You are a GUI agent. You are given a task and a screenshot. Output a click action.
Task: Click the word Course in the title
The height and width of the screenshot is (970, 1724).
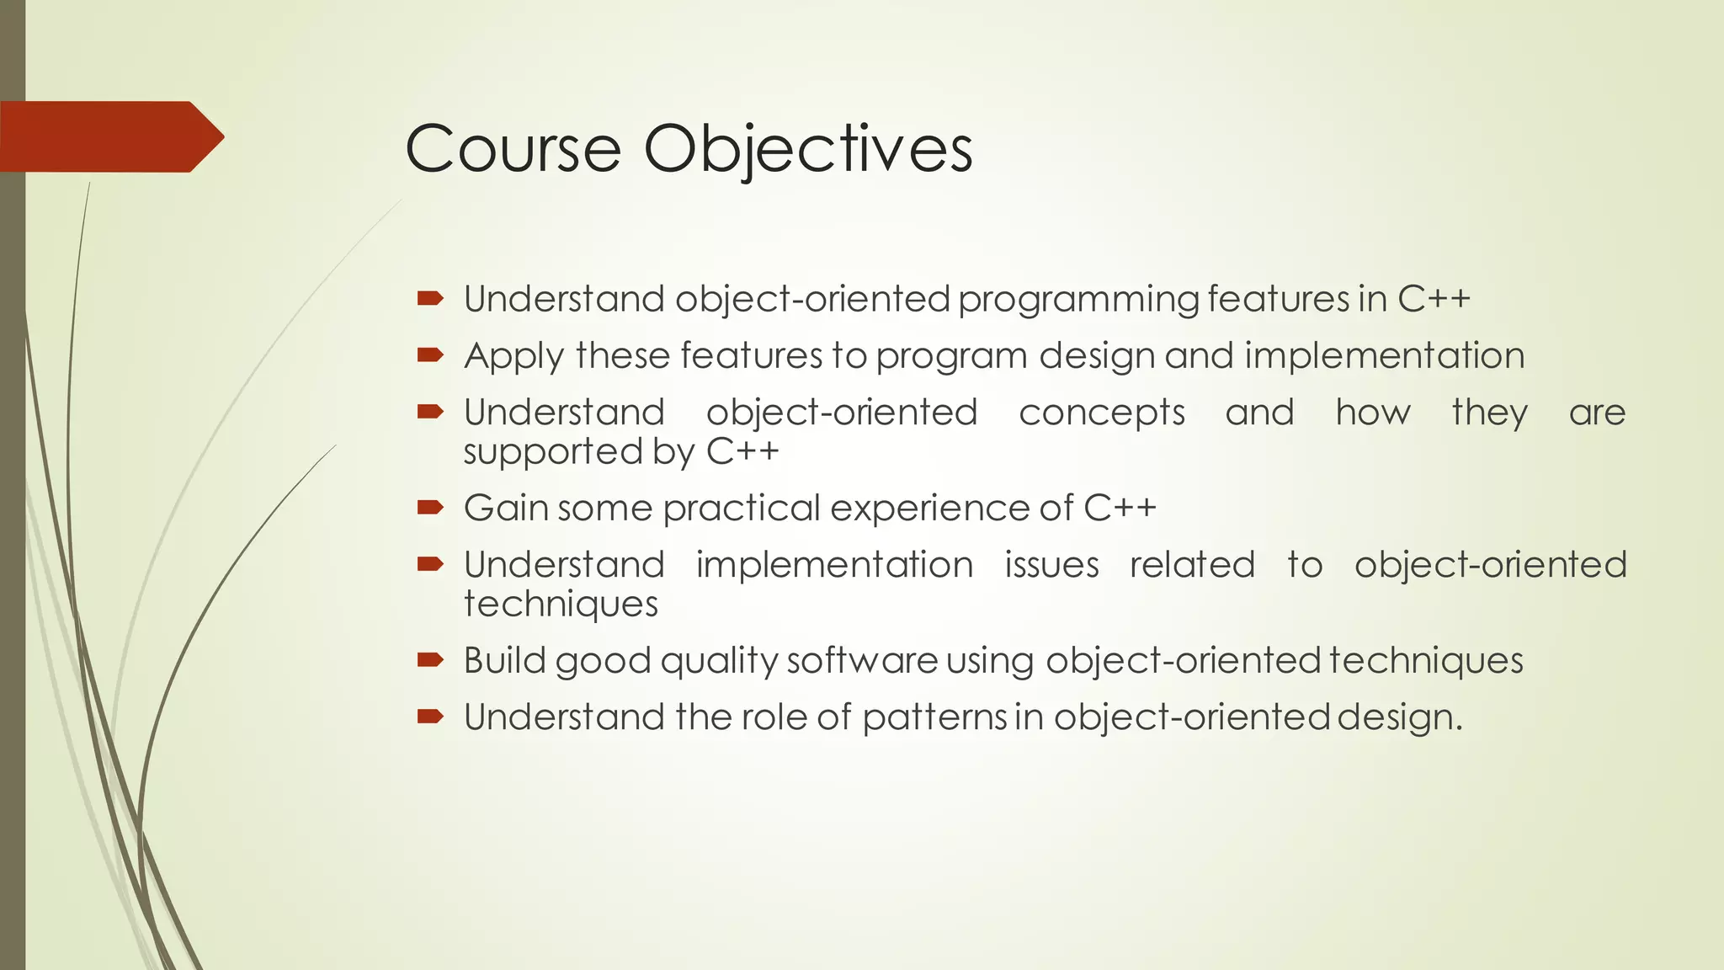point(513,149)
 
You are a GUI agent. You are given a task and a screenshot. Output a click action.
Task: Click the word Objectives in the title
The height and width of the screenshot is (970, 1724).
point(808,149)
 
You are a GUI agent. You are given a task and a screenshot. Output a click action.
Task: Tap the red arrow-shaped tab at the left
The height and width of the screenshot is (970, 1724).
point(109,136)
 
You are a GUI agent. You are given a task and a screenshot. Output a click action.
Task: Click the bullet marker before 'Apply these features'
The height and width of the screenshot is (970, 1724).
point(430,355)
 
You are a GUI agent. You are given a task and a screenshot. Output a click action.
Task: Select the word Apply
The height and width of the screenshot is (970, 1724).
point(513,356)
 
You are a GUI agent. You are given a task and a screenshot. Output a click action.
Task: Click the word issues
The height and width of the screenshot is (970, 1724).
point(1051,565)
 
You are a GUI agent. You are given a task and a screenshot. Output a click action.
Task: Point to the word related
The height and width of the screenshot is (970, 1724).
point(1192,565)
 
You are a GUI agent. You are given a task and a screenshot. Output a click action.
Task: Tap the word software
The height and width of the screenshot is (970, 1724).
point(862,660)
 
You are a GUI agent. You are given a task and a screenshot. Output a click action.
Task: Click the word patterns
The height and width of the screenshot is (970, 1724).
point(934,717)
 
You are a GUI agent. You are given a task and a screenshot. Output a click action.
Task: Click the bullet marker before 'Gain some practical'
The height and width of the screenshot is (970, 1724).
point(430,507)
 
